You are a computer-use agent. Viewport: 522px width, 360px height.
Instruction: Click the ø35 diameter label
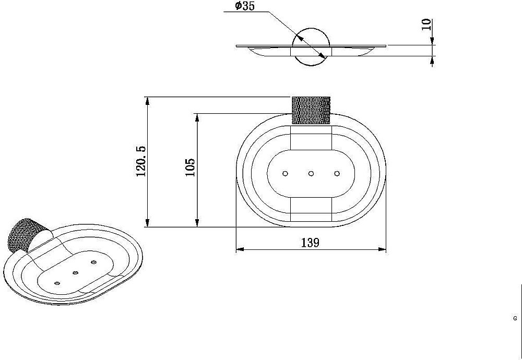point(244,6)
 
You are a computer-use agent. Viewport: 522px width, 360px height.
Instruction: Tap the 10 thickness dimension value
point(426,25)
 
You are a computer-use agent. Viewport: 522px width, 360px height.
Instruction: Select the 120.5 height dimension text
point(141,161)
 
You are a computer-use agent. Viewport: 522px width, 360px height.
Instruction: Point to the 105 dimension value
point(190,167)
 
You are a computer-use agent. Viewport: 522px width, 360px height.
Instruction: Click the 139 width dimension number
point(310,243)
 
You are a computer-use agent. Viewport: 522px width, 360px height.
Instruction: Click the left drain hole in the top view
point(285,173)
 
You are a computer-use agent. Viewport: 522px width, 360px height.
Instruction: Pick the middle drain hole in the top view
point(311,173)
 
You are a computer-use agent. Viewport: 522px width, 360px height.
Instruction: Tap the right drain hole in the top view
point(337,173)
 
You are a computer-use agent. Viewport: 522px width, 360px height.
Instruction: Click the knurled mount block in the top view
point(311,110)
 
